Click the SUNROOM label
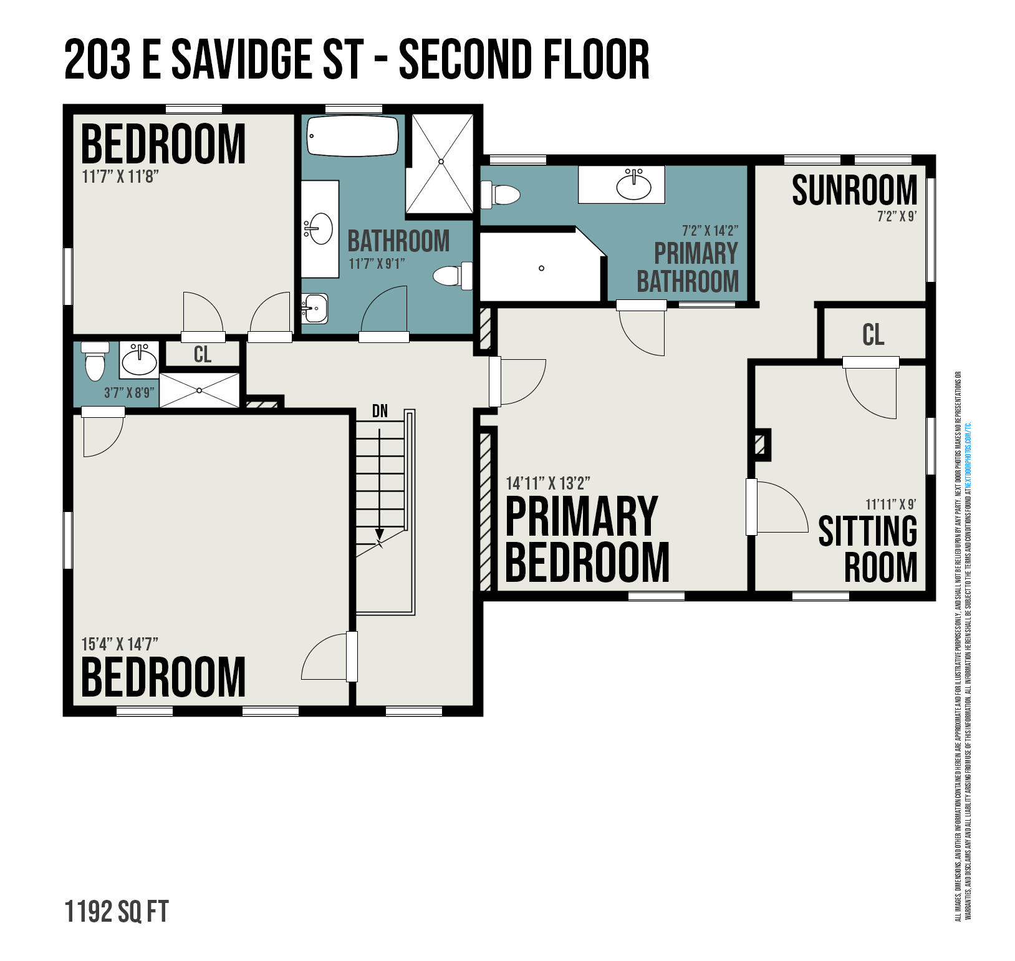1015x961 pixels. click(x=854, y=190)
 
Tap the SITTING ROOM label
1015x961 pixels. click(x=868, y=549)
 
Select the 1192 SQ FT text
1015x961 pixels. click(x=117, y=912)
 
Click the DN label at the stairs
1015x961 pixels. click(x=380, y=411)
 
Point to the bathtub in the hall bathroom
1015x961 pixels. click(x=352, y=136)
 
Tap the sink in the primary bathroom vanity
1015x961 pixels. click(x=633, y=185)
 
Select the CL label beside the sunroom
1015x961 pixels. click(x=873, y=335)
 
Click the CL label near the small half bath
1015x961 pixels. click(x=203, y=354)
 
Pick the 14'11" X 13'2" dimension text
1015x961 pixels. click(x=548, y=483)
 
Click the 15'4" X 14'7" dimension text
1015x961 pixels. click(x=120, y=643)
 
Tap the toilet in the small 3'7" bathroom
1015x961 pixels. click(x=95, y=362)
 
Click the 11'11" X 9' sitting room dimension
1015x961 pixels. click(x=890, y=504)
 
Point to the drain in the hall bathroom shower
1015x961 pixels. click(x=441, y=162)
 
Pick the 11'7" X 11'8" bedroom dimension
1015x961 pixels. click(x=120, y=176)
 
